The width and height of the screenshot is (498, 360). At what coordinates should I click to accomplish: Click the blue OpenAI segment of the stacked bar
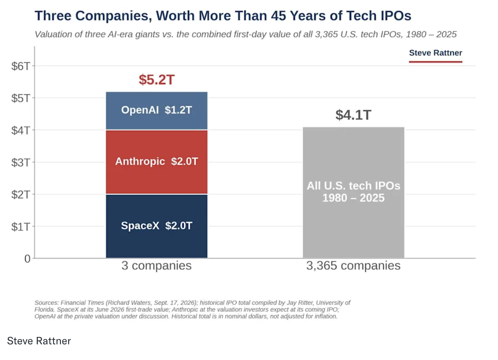[156, 110]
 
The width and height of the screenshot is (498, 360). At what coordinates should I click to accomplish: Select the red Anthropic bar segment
[156, 162]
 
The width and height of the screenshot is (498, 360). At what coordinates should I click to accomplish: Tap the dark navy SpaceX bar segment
[156, 226]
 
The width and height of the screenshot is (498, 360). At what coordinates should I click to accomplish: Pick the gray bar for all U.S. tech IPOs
[353, 192]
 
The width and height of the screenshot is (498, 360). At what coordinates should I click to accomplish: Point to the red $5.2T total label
[156, 80]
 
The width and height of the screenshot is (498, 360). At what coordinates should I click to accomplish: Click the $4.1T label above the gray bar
[353, 115]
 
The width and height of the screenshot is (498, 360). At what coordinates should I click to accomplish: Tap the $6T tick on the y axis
[21, 66]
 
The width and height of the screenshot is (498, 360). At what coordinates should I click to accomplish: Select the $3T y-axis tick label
[21, 162]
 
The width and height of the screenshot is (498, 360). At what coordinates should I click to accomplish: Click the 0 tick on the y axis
[27, 259]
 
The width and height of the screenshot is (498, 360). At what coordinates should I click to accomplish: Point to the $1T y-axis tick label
[21, 227]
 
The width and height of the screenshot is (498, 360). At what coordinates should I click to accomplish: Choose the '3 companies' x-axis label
[156, 266]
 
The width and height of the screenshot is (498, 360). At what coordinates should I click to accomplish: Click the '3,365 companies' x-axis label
[353, 266]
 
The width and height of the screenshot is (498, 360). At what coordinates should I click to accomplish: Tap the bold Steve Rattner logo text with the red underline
[435, 53]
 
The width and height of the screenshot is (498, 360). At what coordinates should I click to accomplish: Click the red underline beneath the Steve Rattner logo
[435, 62]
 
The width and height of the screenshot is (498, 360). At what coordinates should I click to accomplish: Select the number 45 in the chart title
[279, 16]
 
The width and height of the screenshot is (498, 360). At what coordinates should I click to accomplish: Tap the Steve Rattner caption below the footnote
[39, 341]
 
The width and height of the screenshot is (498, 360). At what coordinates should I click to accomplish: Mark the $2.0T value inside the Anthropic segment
[185, 161]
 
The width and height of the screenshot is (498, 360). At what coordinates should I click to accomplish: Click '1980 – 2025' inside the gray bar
[353, 198]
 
